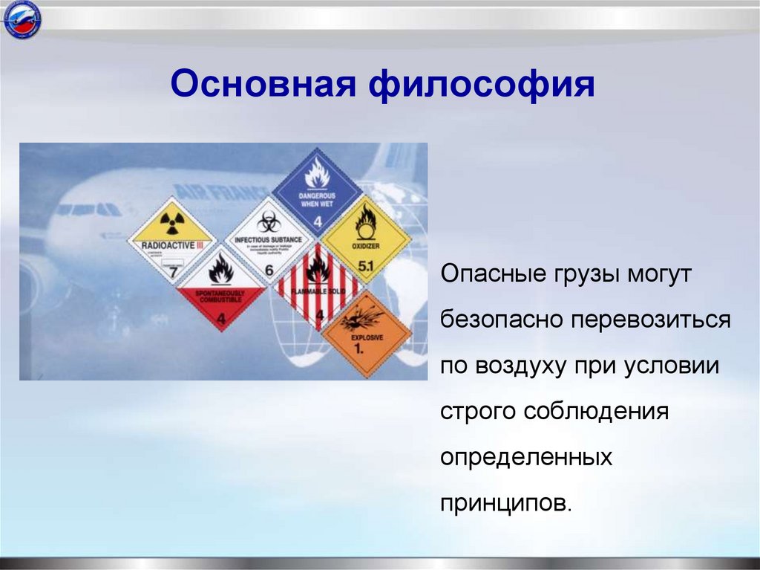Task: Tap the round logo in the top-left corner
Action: click(x=22, y=20)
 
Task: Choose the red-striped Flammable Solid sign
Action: click(x=318, y=285)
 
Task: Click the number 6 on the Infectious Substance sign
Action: click(x=269, y=271)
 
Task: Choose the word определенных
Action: click(x=526, y=457)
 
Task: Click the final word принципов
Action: click(x=507, y=502)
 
